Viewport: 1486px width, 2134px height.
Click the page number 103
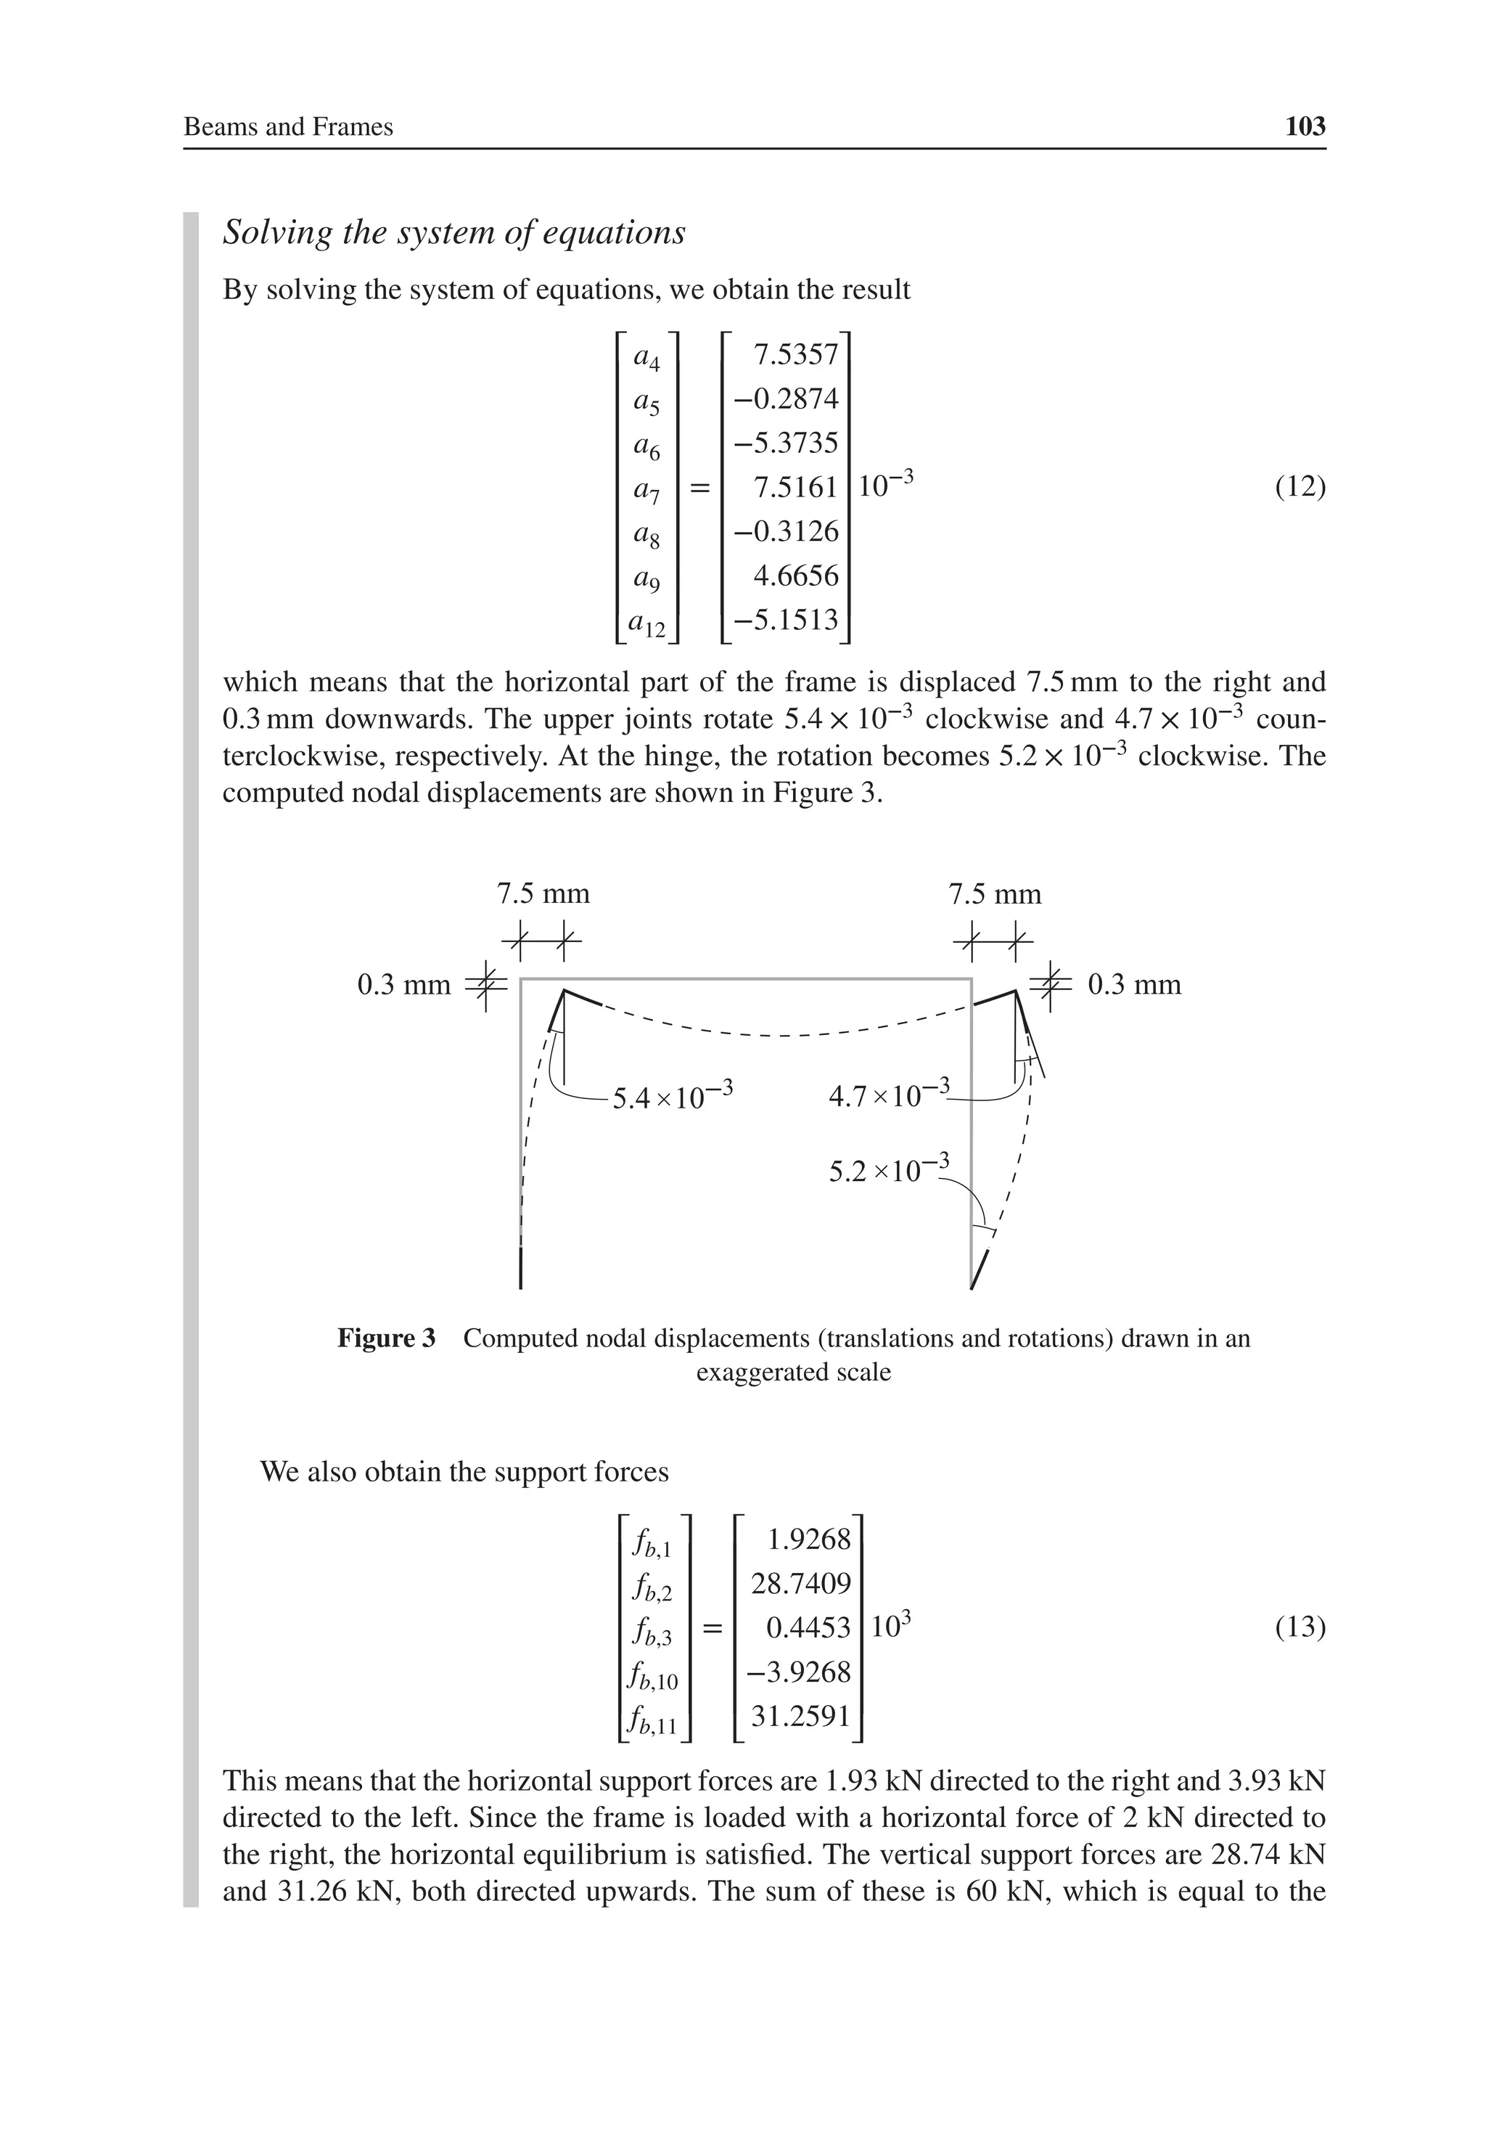click(x=1305, y=126)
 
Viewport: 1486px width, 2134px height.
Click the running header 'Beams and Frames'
click(x=288, y=127)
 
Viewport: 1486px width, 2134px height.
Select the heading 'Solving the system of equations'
click(x=453, y=232)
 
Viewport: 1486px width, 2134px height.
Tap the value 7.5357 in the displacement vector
click(x=795, y=355)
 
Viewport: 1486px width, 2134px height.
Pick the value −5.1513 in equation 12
click(x=787, y=619)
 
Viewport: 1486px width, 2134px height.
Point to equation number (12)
click(x=1300, y=487)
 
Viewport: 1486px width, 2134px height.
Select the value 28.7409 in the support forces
click(x=800, y=1583)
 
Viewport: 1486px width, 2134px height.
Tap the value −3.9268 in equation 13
click(x=800, y=1671)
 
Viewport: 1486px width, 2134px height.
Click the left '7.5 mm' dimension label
click(x=543, y=894)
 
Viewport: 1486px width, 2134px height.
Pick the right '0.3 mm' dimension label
click(x=1134, y=984)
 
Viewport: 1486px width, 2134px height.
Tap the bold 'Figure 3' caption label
click(x=386, y=1338)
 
